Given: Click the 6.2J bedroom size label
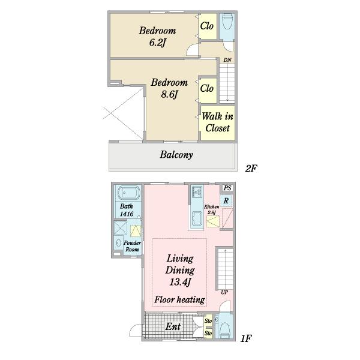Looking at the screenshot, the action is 157,43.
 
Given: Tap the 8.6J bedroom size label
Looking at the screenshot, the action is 169,94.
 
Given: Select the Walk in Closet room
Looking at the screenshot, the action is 218,123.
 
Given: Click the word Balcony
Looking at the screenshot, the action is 176,155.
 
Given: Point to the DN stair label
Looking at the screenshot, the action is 227,60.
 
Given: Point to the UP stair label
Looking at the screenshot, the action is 224,292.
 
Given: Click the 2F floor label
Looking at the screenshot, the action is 251,169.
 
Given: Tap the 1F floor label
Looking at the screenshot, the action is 246,338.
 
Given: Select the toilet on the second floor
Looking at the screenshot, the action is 227,22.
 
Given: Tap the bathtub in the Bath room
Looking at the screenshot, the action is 128,193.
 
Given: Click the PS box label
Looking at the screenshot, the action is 227,188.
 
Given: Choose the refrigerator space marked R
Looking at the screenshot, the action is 226,200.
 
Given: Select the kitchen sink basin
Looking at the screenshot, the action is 197,218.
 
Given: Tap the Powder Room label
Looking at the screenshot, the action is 132,246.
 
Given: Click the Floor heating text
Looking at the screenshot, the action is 180,299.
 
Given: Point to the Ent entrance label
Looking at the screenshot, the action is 173,326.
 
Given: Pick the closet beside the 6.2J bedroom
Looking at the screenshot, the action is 208,26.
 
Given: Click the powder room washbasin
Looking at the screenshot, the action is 119,242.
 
